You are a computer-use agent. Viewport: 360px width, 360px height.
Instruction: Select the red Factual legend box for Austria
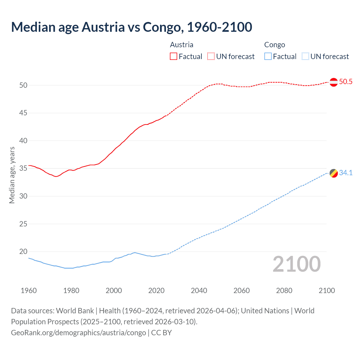click(173, 57)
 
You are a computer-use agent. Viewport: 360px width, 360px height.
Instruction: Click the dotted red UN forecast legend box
click(211, 57)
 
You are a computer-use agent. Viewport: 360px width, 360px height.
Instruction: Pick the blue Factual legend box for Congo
click(268, 57)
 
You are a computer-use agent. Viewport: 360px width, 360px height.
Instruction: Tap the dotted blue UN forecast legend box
click(305, 57)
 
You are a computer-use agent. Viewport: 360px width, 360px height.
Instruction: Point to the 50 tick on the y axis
click(23, 85)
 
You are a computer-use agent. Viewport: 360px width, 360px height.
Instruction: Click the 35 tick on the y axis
click(23, 168)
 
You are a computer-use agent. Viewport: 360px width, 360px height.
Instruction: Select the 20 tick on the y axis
click(23, 252)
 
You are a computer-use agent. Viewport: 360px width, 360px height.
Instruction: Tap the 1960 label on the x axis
click(29, 291)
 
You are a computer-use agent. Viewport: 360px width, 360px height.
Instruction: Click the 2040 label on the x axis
click(199, 291)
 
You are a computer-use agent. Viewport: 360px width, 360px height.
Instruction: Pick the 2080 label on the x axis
click(284, 291)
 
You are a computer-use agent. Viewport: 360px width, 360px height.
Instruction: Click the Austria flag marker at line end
click(334, 82)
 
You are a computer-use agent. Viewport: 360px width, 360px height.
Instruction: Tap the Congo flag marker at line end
click(334, 173)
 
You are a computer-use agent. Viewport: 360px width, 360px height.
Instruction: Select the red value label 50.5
click(346, 82)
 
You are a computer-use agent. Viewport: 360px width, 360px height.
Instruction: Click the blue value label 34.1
click(346, 173)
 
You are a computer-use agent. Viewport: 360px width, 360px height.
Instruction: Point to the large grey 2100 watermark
click(297, 264)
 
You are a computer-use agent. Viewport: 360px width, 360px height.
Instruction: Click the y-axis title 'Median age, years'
click(12, 175)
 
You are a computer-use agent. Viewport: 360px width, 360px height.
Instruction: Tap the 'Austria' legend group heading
click(181, 45)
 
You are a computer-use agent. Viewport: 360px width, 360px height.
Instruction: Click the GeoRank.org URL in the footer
click(78, 333)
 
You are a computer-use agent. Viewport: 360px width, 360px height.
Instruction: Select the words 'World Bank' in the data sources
click(75, 311)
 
